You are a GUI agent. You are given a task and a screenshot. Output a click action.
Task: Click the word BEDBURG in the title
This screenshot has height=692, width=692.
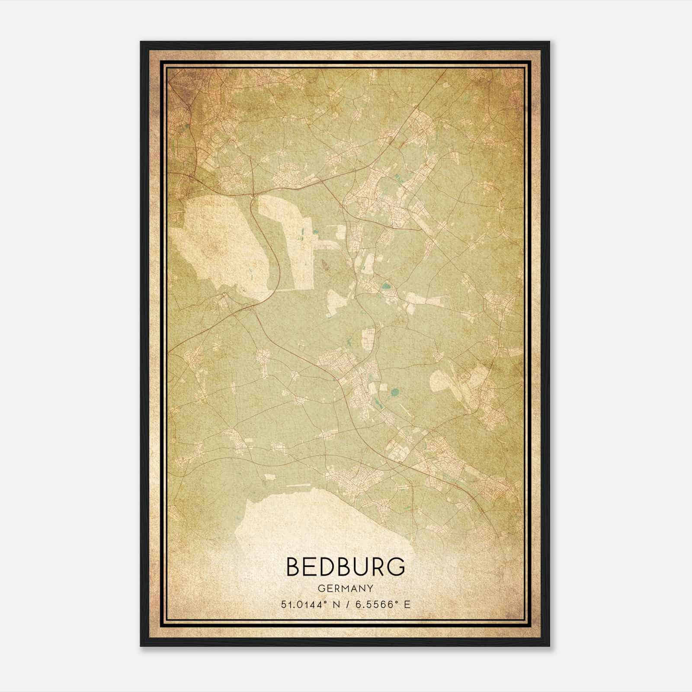click(x=346, y=567)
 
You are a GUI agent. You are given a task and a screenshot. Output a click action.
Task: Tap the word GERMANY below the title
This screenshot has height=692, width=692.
click(x=346, y=589)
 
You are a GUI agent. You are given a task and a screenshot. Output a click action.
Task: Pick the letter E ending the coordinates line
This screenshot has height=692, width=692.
click(x=407, y=605)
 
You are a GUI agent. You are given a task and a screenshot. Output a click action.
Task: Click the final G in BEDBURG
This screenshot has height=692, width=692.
click(x=395, y=567)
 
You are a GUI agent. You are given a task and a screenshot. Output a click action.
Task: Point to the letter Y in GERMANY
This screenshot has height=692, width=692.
click(x=370, y=589)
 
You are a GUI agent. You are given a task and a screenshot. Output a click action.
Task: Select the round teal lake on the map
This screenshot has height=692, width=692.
click(x=394, y=393)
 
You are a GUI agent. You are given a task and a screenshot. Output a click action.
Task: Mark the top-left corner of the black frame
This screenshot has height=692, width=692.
click(x=141, y=42)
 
